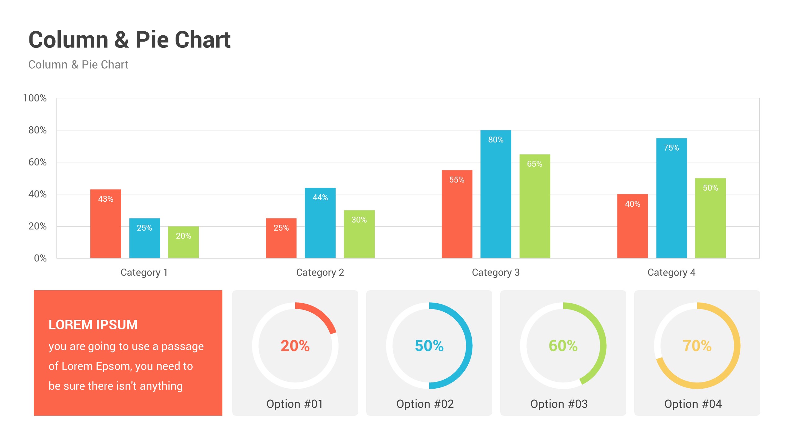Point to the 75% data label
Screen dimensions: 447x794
(x=671, y=148)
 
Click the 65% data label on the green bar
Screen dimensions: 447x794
(x=534, y=164)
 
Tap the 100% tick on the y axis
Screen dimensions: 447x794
(x=35, y=98)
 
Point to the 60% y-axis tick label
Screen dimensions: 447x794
(x=37, y=162)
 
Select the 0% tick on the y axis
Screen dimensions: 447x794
(x=40, y=258)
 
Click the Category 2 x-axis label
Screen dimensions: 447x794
(x=320, y=273)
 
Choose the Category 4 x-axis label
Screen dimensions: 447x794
(x=671, y=273)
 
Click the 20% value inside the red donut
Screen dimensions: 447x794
(x=295, y=346)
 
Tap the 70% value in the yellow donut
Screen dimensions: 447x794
(x=697, y=346)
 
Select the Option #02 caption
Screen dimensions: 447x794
(x=425, y=404)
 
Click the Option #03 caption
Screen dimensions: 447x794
(x=559, y=404)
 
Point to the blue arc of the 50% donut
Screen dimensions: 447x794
(x=469, y=346)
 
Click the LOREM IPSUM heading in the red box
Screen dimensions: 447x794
(x=93, y=325)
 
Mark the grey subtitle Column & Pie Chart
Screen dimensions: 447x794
(x=78, y=65)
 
